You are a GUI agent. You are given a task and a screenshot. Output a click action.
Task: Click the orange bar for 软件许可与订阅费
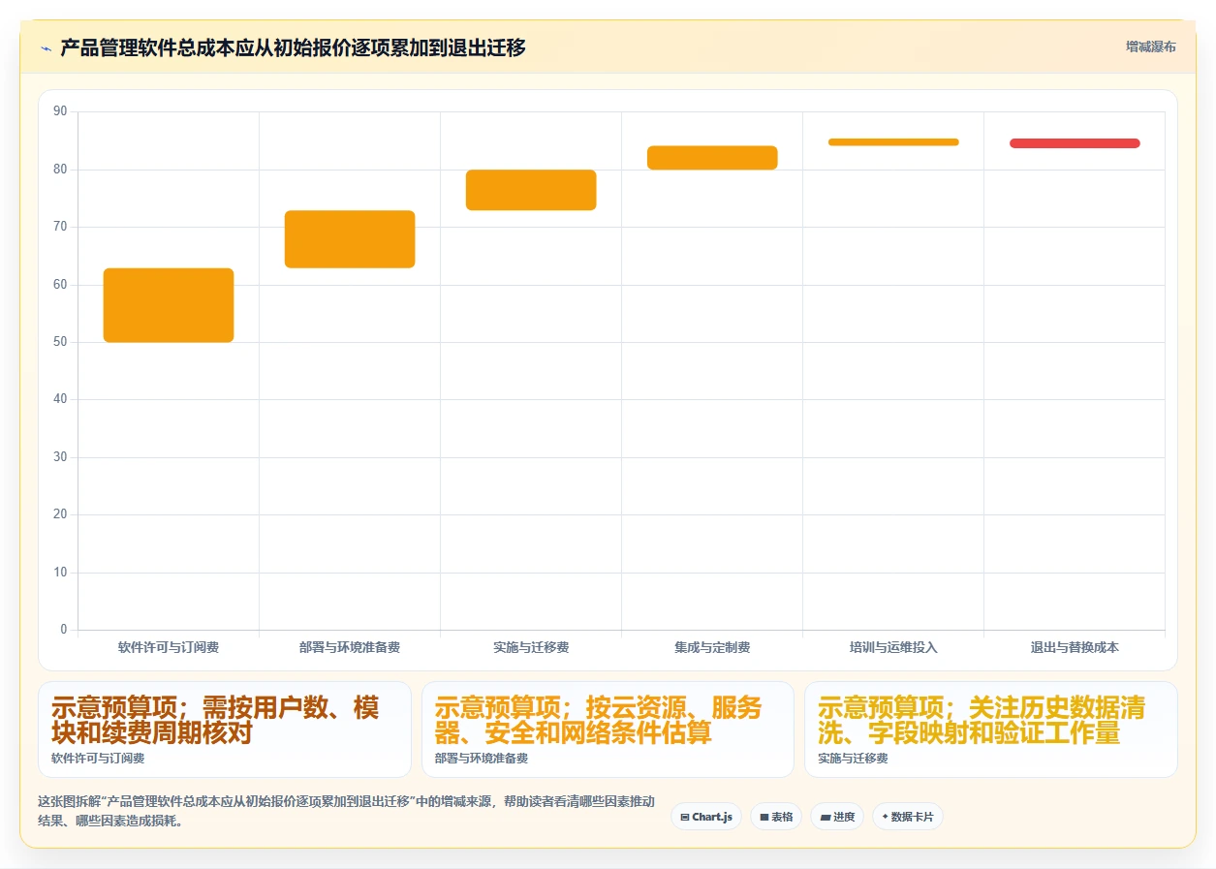click(169, 305)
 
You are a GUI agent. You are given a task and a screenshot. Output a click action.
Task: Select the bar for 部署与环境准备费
click(350, 239)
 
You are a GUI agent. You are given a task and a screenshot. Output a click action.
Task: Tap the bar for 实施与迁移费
click(531, 190)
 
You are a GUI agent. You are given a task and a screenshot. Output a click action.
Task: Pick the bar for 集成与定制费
click(712, 157)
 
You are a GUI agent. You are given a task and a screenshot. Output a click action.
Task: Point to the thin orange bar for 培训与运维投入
click(893, 142)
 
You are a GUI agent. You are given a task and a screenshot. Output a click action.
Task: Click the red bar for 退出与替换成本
click(1075, 143)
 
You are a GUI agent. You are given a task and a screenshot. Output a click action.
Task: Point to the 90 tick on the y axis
click(60, 111)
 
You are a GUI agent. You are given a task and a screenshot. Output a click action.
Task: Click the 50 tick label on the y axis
click(60, 341)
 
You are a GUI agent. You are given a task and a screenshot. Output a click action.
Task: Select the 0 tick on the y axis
click(64, 629)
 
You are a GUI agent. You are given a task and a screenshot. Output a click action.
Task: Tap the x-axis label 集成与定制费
click(712, 647)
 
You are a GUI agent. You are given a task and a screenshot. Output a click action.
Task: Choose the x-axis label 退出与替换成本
click(1075, 647)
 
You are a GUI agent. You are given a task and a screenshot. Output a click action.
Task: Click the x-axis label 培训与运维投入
click(893, 647)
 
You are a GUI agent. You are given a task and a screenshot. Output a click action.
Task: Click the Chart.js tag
click(706, 817)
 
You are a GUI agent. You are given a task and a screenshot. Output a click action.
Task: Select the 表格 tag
click(776, 817)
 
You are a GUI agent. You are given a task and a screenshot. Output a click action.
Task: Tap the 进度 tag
click(837, 817)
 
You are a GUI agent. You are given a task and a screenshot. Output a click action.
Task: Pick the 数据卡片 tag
click(908, 817)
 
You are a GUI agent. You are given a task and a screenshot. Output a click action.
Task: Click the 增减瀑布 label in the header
click(1151, 47)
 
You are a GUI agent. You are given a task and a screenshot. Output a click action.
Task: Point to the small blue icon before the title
click(47, 48)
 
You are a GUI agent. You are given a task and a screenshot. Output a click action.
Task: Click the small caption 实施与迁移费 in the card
click(853, 759)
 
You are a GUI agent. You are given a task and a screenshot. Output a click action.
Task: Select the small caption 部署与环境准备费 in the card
click(481, 759)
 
